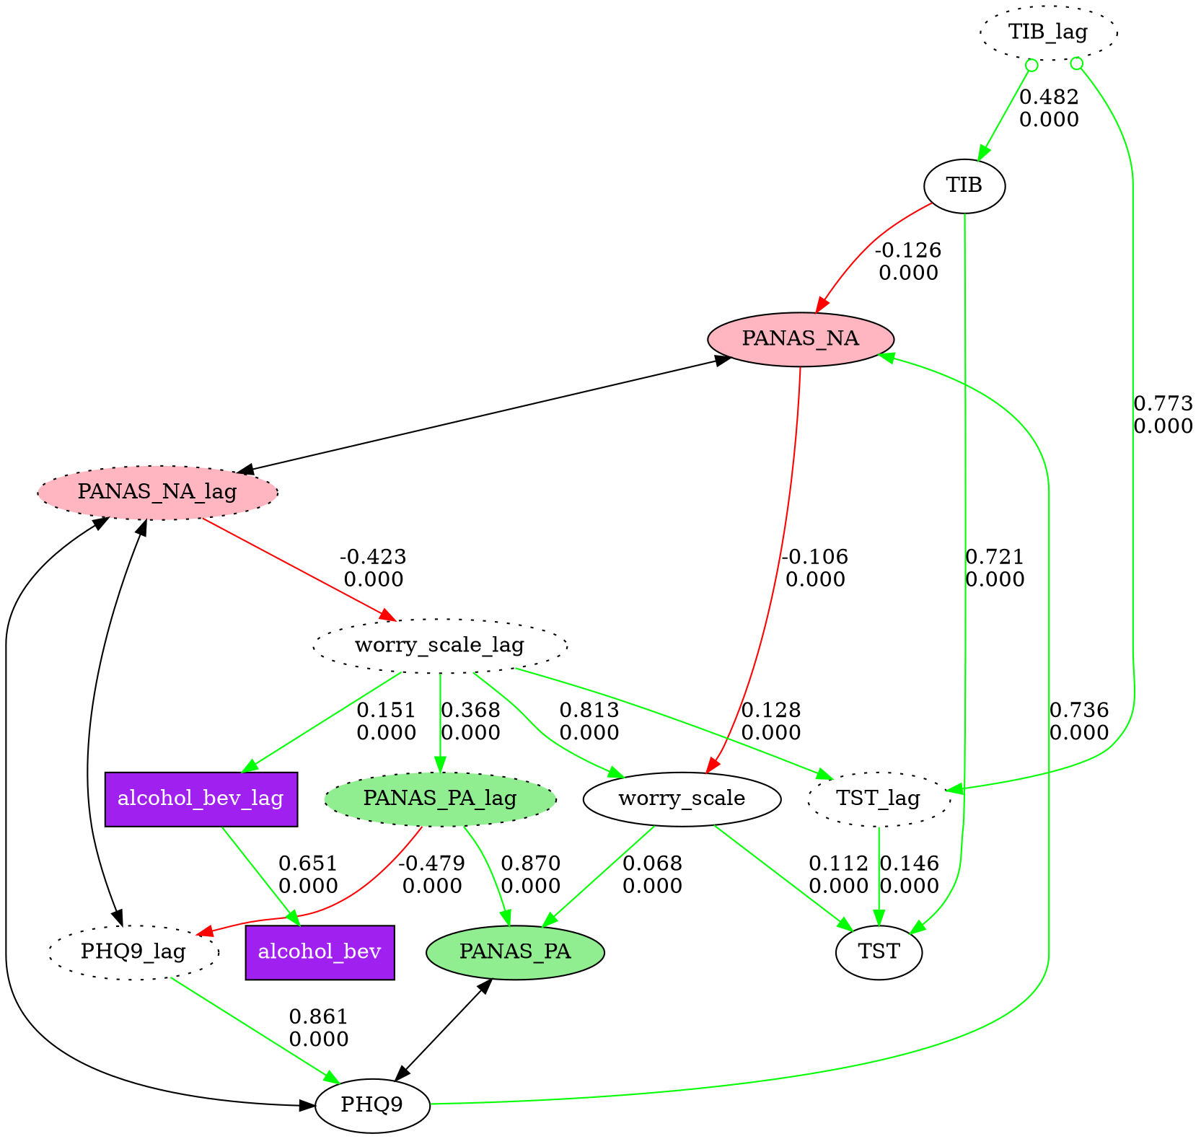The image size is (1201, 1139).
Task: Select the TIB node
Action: (964, 185)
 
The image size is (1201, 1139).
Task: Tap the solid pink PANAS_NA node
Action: (801, 339)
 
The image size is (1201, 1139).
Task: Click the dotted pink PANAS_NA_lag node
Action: (157, 493)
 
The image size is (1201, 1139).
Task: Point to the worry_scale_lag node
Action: (439, 646)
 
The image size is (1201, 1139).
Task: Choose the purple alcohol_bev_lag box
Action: (201, 799)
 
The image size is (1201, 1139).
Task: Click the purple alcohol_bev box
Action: (320, 951)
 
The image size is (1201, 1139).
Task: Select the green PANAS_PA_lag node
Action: (440, 799)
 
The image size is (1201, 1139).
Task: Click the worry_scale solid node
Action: (682, 799)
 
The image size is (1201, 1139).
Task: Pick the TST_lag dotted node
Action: (878, 799)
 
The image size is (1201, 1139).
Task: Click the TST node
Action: (879, 951)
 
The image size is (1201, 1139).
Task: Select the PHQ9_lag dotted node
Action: (133, 951)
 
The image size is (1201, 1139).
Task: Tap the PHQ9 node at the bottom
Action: (372, 1104)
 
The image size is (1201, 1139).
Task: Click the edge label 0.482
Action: (1049, 97)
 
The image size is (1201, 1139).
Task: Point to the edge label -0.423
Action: (373, 558)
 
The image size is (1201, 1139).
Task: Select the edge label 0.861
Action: (318, 1018)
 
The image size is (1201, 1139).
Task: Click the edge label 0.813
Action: (589, 711)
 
